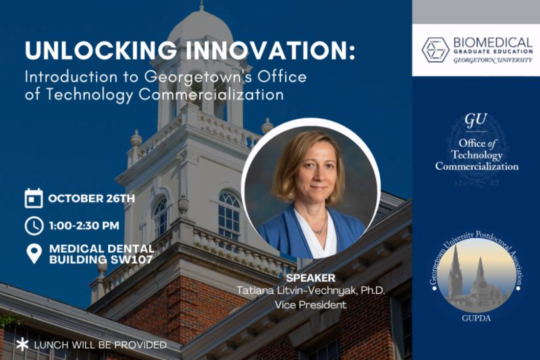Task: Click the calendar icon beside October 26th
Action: (x=34, y=199)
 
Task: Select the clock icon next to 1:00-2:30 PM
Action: (x=34, y=226)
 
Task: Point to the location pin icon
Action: (x=34, y=254)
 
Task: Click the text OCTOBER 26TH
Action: (x=91, y=199)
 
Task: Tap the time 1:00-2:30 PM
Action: (x=84, y=226)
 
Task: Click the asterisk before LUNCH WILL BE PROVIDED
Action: (x=22, y=344)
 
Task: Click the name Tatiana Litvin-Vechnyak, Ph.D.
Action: (x=310, y=291)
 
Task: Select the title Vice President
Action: (x=310, y=305)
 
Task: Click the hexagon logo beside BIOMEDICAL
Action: (x=435, y=50)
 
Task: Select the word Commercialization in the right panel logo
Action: (x=476, y=166)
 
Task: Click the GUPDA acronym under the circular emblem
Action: (x=476, y=318)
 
